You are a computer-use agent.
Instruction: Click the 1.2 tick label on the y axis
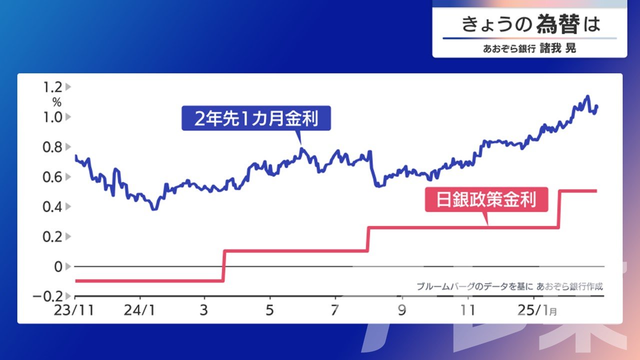(52, 87)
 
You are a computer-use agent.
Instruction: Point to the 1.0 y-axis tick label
(52, 117)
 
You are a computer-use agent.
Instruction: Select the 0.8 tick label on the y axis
(52, 147)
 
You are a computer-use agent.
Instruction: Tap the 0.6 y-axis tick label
(52, 177)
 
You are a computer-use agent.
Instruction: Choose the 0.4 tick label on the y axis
(52, 207)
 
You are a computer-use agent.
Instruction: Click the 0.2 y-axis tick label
(52, 237)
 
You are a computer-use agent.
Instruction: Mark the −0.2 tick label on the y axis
(47, 296)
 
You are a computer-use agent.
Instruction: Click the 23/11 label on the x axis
(74, 310)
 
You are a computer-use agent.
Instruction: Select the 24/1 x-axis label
(139, 310)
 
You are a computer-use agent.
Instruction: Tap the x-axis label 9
(402, 310)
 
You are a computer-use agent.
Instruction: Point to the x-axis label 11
(467, 310)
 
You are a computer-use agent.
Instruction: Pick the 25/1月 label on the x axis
(537, 310)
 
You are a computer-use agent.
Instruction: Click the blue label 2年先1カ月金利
(256, 118)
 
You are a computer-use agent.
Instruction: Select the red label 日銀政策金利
(486, 199)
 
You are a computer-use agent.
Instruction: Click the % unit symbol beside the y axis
(57, 102)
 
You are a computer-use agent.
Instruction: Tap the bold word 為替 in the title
(557, 24)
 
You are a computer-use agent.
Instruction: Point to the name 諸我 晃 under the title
(557, 48)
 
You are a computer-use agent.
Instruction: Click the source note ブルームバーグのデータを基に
(474, 286)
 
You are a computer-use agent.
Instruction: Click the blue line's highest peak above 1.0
(587, 96)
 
